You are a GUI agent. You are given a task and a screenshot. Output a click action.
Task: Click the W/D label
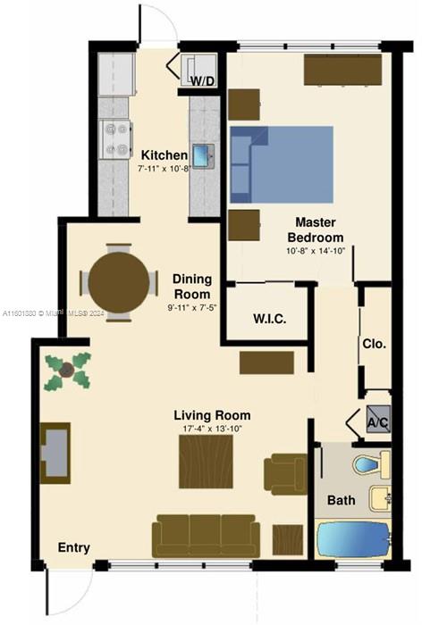[203, 81]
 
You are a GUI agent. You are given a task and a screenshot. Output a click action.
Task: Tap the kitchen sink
[203, 156]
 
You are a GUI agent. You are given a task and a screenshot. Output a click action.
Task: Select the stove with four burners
[114, 138]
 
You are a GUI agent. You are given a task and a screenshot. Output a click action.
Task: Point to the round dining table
[119, 280]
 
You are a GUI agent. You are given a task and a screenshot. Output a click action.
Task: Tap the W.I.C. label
[269, 319]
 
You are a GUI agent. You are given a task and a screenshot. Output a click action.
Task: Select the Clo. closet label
[374, 343]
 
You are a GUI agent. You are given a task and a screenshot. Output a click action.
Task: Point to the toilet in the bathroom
[370, 464]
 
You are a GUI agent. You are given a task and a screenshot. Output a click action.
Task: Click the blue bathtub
[354, 540]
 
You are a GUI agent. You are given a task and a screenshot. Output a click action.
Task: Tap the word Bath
[342, 500]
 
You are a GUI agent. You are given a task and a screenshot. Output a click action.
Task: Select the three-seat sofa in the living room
[206, 534]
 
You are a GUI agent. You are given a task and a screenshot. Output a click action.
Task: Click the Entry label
[73, 547]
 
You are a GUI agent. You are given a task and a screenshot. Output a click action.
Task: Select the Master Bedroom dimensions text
[315, 253]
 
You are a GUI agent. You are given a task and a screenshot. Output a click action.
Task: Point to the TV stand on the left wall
[55, 452]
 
